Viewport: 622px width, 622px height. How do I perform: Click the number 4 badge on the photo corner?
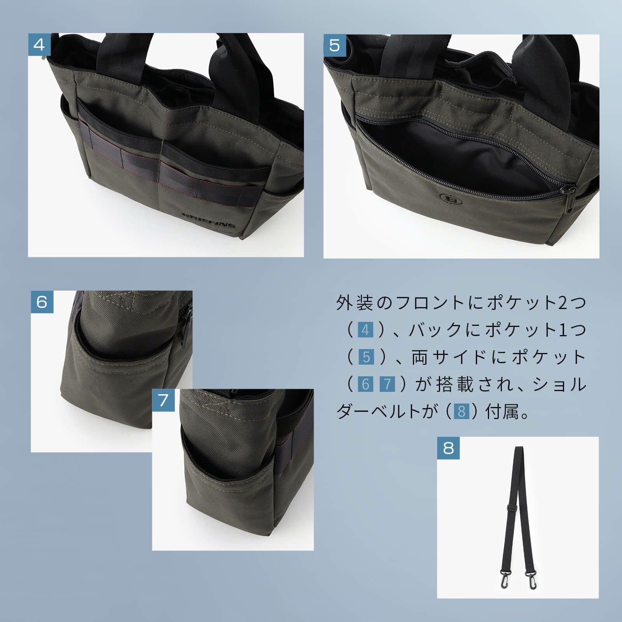point(39,44)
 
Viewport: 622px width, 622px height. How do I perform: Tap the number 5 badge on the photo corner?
point(335,45)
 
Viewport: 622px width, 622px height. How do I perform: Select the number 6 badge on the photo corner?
point(42,302)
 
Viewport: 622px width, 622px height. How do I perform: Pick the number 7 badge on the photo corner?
point(163,400)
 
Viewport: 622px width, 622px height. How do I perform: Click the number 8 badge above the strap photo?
point(448,448)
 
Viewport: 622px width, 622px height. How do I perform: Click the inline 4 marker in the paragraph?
point(365,330)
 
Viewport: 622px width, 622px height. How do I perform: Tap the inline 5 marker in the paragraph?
point(366,357)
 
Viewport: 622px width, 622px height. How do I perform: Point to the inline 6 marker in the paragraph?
point(365,384)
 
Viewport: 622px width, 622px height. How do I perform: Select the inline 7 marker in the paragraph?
point(387,384)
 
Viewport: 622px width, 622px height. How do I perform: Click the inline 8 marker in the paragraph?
point(461,411)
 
